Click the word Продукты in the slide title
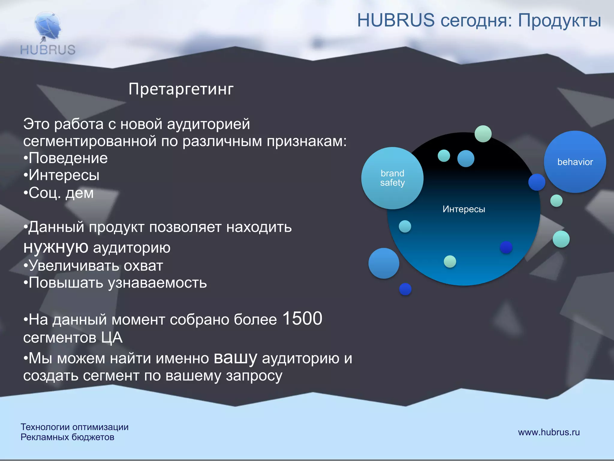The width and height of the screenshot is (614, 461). pos(559,21)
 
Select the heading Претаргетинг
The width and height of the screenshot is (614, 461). pos(181,89)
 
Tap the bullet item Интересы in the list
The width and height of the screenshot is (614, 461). pos(64,175)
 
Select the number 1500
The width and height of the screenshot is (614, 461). pos(302,319)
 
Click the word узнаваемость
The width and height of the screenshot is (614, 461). pos(157,283)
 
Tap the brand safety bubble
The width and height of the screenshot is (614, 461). pos(392,178)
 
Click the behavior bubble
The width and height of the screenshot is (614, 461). pos(575,162)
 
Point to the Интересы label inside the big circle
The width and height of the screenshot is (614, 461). pos(463,209)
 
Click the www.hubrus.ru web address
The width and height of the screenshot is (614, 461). pos(549,432)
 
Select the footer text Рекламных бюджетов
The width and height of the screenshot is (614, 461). pos(67,437)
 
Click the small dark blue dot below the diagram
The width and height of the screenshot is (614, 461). pos(405,289)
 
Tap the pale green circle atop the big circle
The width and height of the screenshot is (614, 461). pos(483,134)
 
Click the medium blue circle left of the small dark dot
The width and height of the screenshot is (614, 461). pos(384,263)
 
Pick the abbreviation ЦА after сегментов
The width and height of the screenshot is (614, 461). pos(112,338)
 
